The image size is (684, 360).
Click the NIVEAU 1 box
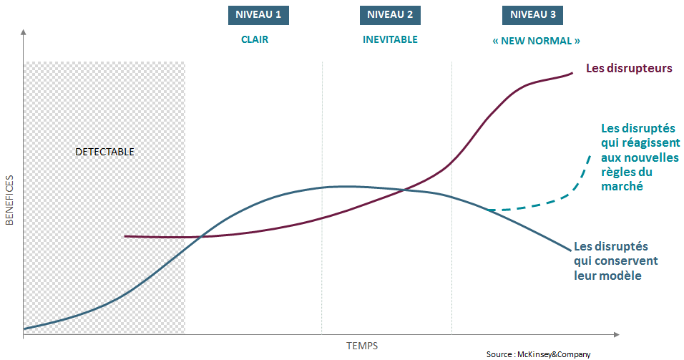tap(259, 15)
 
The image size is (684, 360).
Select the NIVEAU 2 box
tap(390, 15)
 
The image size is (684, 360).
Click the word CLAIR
tap(255, 40)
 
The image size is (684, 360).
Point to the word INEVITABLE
tap(390, 40)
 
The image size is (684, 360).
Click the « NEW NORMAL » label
tap(536, 41)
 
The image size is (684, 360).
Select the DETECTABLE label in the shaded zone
tap(104, 152)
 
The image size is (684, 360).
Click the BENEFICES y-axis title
tap(10, 200)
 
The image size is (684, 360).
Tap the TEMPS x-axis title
tap(362, 346)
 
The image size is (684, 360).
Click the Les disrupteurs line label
tap(629, 69)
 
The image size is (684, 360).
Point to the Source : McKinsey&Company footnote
tap(538, 354)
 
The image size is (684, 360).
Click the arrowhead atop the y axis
tap(24, 33)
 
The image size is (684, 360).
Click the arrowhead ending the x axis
tap(617, 334)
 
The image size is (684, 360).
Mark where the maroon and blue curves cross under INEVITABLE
tap(405, 190)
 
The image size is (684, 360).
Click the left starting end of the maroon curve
tap(125, 235)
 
